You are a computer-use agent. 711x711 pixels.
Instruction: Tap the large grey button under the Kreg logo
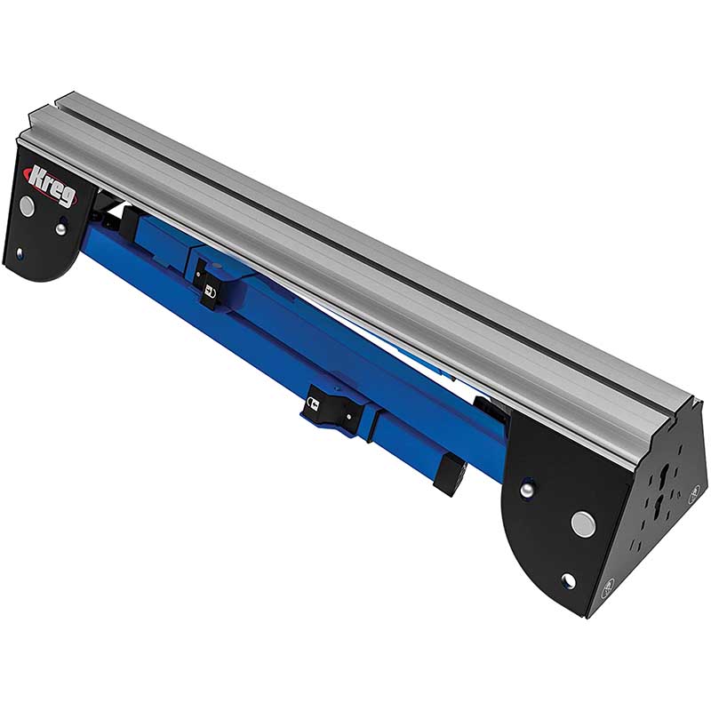pyautogui.click(x=28, y=206)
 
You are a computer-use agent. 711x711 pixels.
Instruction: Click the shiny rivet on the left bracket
pyautogui.click(x=59, y=229)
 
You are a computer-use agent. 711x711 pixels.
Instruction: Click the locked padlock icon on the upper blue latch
pyautogui.click(x=209, y=290)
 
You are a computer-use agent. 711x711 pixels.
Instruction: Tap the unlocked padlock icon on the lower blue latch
pyautogui.click(x=313, y=403)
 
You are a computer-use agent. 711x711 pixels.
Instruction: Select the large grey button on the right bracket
pyautogui.click(x=583, y=523)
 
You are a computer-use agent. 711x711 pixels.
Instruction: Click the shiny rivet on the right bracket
pyautogui.click(x=526, y=491)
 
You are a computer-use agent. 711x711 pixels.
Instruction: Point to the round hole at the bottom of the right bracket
pyautogui.click(x=568, y=579)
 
